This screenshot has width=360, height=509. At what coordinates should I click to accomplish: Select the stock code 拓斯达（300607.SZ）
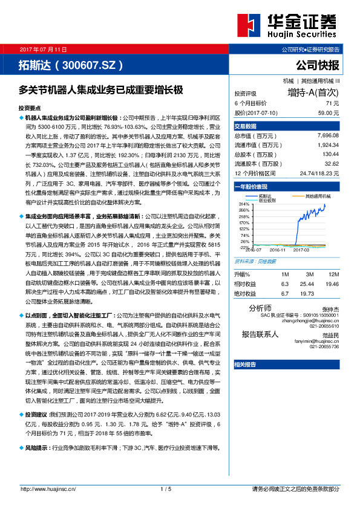[x=71, y=65]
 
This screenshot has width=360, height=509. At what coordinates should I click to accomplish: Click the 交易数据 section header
[x=245, y=126]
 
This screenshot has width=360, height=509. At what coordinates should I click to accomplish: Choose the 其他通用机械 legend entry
[x=318, y=196]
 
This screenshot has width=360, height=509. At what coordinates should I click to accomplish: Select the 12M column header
[x=332, y=274]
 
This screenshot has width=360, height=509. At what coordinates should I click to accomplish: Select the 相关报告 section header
[x=245, y=365]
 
